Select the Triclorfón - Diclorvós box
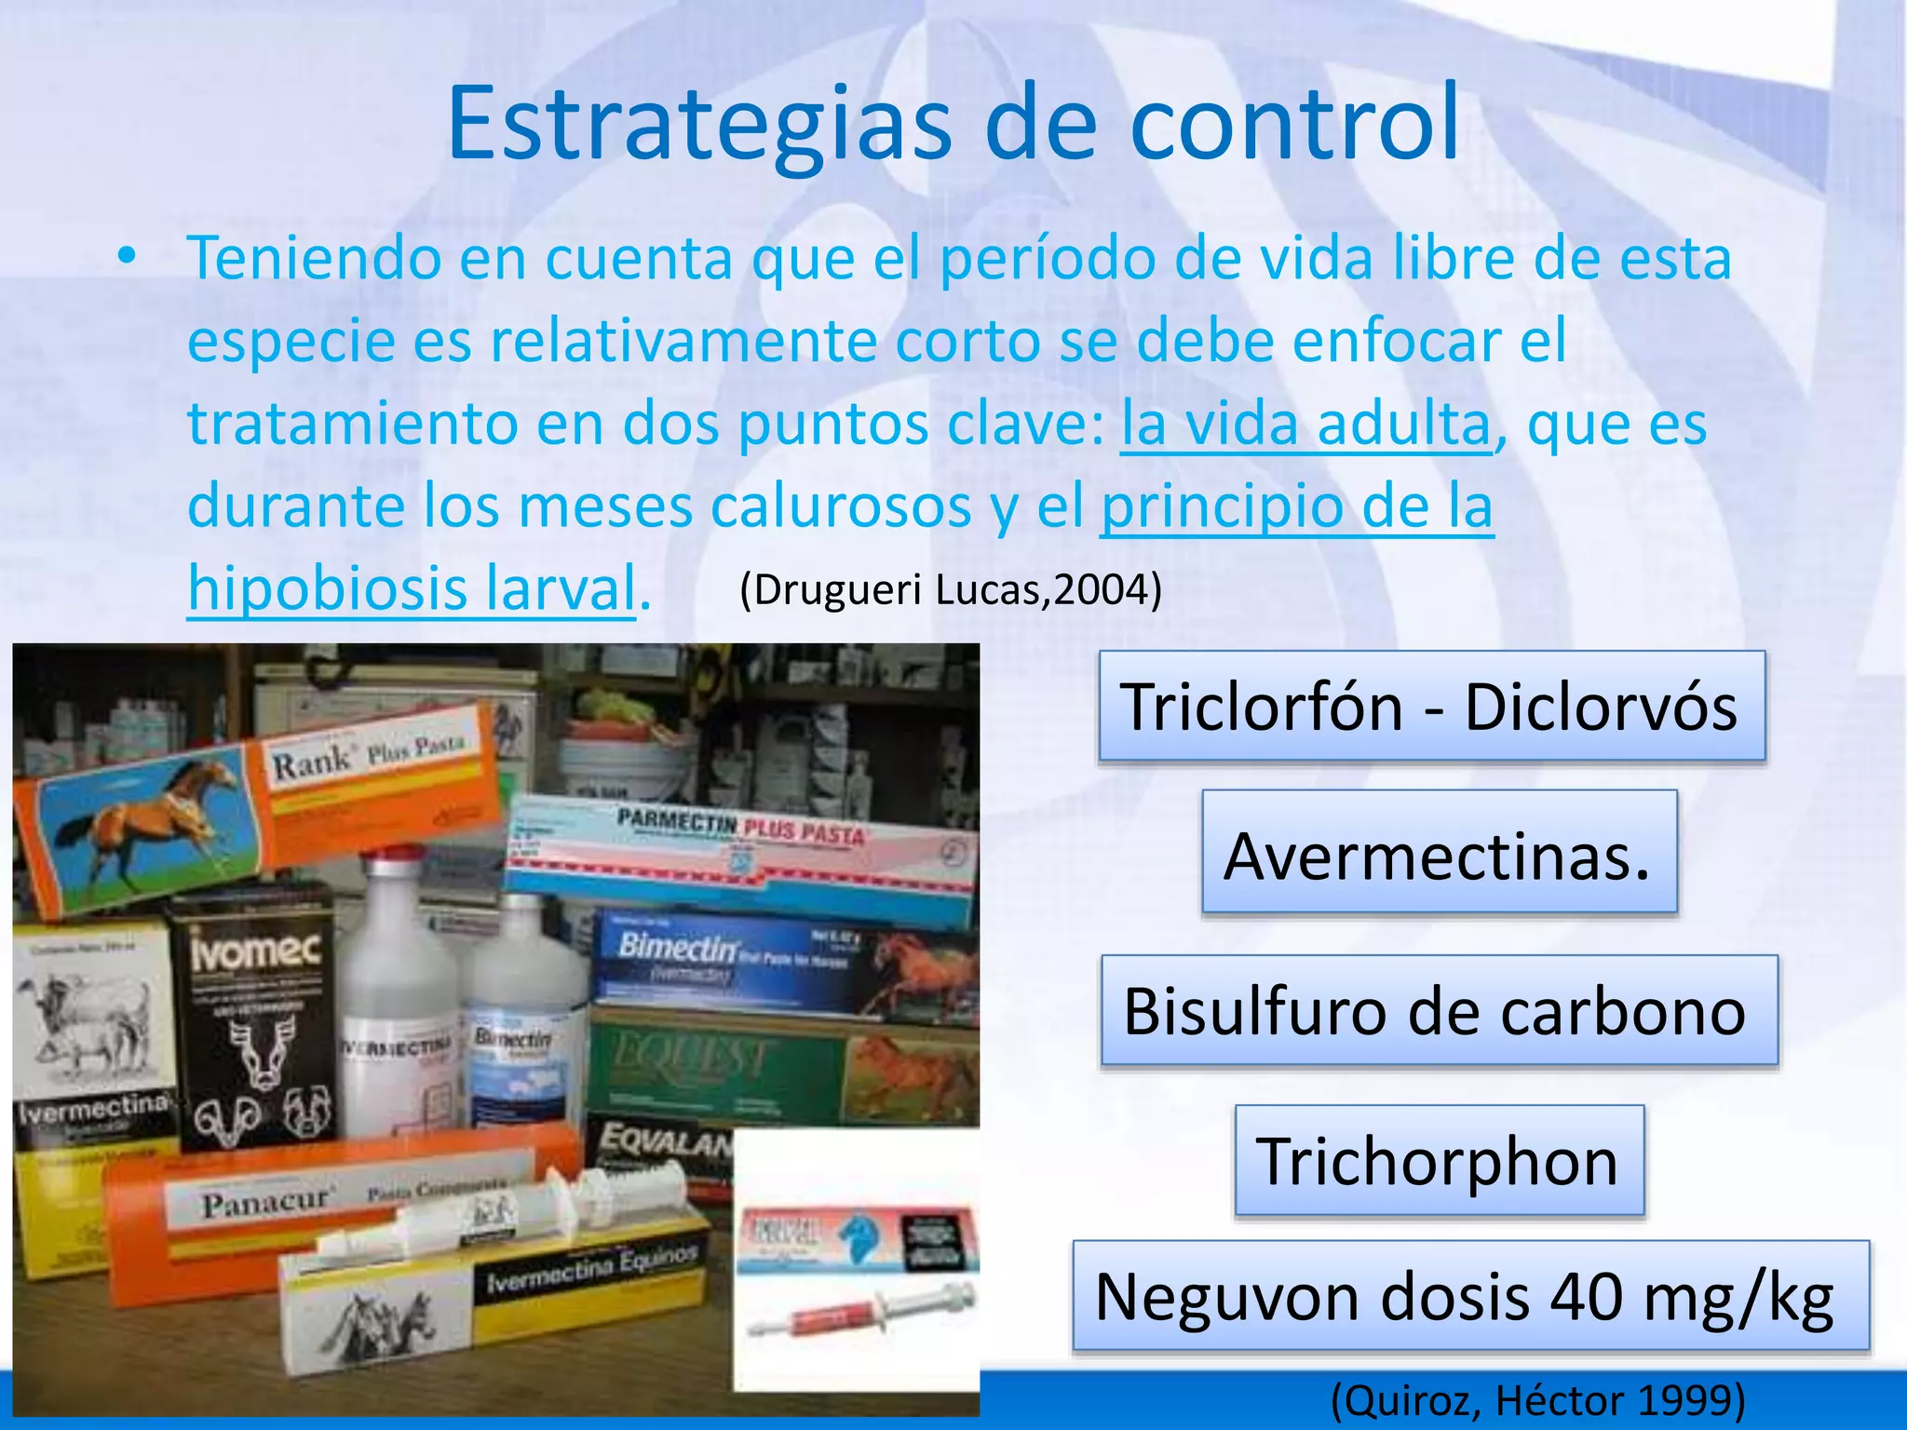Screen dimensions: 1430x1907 coord(1431,707)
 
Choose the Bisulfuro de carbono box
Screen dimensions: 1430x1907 coord(1439,1010)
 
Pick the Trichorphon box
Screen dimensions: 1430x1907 coord(1439,1161)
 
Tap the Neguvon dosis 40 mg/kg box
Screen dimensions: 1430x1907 coord(1469,1296)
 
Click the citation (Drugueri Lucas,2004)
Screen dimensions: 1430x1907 coord(951,589)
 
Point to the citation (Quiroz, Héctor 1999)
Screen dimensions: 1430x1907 coord(1537,1399)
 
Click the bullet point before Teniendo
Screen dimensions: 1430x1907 coord(128,257)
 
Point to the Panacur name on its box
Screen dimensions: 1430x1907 coord(266,1204)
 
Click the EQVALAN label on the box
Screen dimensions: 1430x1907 coord(665,1140)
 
